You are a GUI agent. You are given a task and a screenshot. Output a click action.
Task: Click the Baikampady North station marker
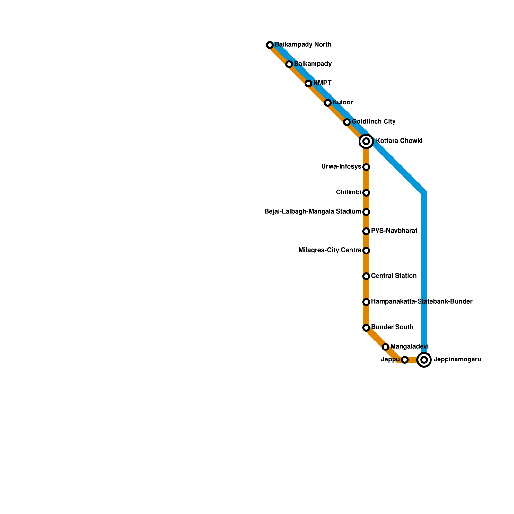270,45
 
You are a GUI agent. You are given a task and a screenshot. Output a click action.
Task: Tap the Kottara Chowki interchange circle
366,141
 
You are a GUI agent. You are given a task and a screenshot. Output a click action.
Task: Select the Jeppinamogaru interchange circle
424,360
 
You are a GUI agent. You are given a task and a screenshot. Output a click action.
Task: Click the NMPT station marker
308,84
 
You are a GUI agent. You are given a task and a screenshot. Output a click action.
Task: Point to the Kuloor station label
342,102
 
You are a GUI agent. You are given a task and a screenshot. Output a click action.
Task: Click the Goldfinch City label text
373,122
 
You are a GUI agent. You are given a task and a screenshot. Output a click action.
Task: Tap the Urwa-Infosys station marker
366,167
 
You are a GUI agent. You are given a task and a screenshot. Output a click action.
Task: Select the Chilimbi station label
349,192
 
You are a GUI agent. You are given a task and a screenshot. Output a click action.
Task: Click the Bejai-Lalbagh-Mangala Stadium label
313,212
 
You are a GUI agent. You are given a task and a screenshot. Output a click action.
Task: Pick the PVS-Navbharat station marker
366,231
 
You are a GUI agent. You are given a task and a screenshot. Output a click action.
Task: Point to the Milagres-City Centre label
330,250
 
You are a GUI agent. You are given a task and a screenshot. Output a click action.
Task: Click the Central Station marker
366,276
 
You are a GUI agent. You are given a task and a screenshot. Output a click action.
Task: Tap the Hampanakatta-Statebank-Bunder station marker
366,302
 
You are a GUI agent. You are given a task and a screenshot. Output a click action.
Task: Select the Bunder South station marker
366,328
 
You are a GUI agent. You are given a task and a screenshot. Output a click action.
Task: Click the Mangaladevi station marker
385,347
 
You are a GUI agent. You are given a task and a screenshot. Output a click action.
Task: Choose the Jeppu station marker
405,360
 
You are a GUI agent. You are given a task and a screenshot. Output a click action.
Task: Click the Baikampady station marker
289,64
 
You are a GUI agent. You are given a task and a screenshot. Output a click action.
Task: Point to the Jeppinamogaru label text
457,359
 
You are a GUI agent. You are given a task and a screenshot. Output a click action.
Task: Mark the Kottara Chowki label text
399,141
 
